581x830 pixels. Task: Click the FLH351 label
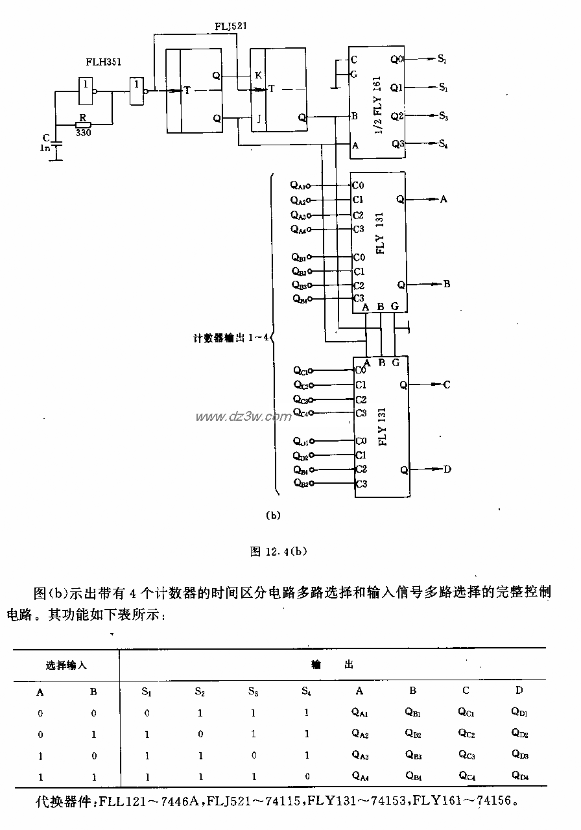(x=103, y=63)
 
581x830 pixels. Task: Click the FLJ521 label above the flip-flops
(x=230, y=26)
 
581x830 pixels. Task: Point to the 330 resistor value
(x=82, y=133)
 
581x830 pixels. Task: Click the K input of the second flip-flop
(x=257, y=75)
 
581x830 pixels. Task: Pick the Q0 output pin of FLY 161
(x=396, y=59)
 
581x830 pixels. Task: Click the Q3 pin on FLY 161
(x=397, y=144)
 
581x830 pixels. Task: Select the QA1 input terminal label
(x=298, y=185)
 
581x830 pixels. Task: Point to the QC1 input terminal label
(x=300, y=370)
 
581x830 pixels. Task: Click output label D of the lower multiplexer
(x=447, y=469)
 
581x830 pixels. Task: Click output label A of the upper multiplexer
(x=444, y=199)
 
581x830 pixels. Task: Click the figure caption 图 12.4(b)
(x=278, y=552)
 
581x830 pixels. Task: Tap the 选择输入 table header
(x=66, y=665)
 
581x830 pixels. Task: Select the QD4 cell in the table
(x=520, y=775)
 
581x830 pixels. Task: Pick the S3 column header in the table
(x=253, y=692)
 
